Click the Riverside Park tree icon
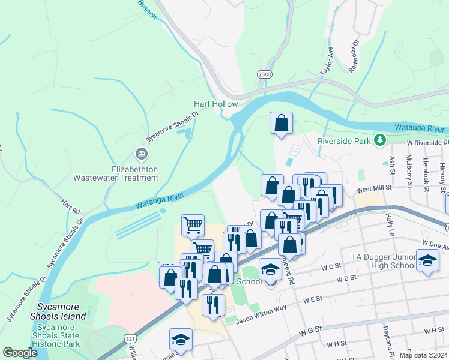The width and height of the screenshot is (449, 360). point(379,140)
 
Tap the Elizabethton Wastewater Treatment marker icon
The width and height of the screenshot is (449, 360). point(141,154)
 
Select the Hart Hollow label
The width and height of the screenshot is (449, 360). point(216,104)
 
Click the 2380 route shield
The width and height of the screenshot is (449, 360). point(265,74)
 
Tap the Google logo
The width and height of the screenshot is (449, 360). point(20,353)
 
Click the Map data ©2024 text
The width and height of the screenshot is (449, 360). point(424,355)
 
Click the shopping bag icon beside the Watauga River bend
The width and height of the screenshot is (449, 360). point(281,123)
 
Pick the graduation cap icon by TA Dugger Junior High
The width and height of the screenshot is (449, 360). point(427,261)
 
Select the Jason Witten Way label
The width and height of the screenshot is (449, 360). point(261,319)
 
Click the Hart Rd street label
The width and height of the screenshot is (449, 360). point(70,208)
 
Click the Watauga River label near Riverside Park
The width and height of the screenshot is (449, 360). point(420,128)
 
